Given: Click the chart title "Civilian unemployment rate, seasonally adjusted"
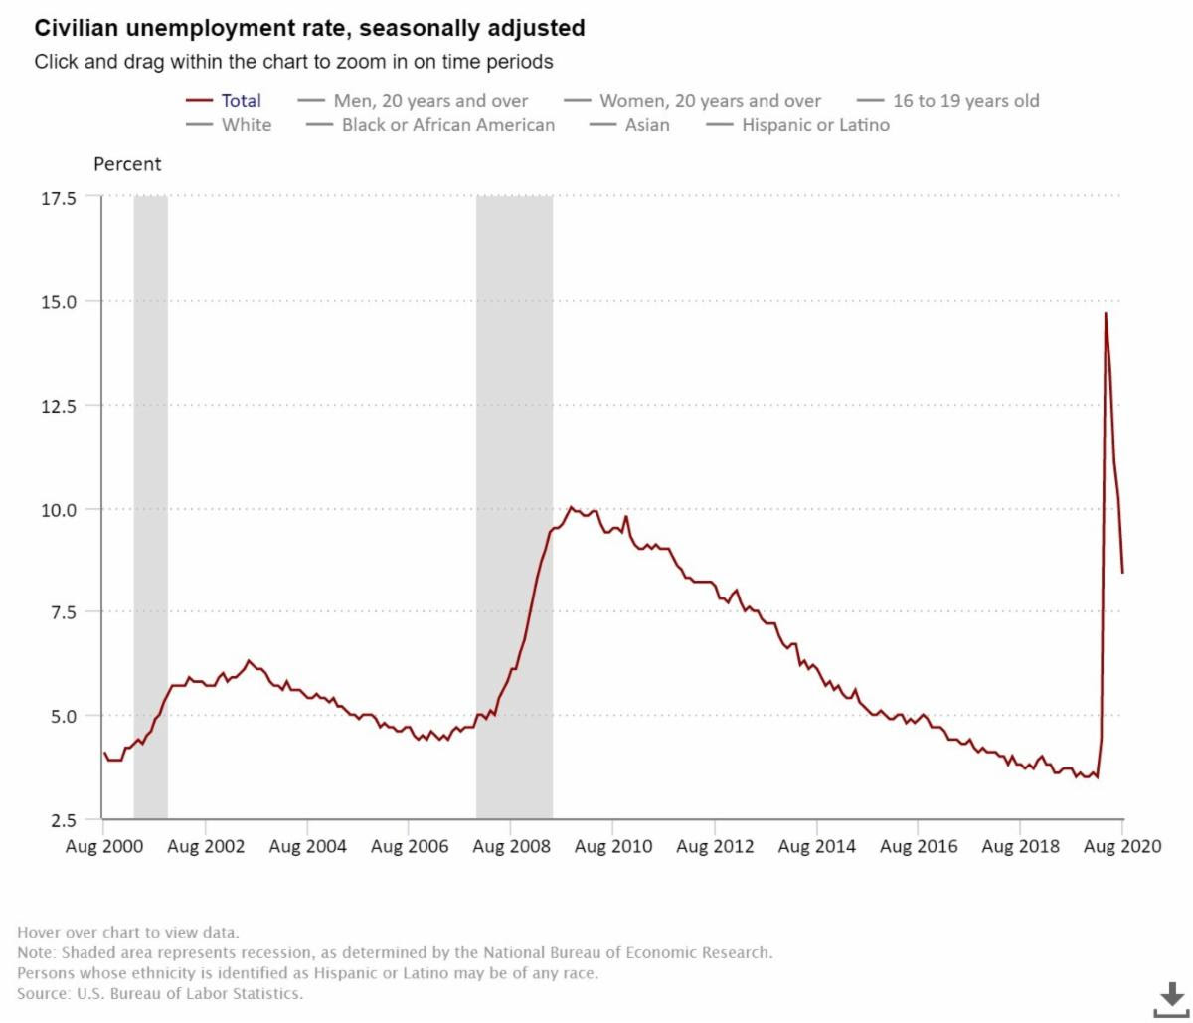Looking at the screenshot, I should (309, 29).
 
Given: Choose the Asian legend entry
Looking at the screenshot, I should (646, 125).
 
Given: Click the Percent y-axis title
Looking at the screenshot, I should (127, 164).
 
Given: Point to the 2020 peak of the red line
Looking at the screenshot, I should (1106, 314).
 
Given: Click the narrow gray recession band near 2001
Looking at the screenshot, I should (150, 497).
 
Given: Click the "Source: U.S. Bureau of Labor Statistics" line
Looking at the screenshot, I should (160, 993).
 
